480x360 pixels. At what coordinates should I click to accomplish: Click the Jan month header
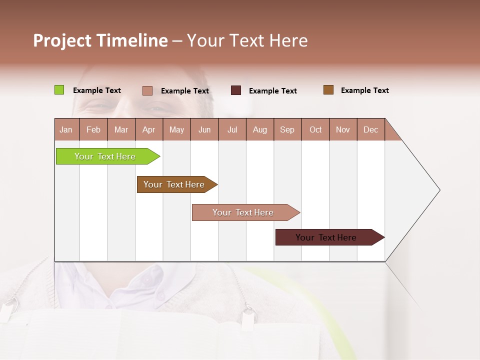(66, 129)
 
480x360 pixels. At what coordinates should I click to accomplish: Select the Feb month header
(93, 129)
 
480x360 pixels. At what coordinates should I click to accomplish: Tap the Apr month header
(149, 129)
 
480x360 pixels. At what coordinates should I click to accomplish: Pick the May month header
(176, 129)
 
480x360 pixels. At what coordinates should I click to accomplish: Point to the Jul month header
(232, 129)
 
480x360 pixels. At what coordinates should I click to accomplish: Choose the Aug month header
(260, 129)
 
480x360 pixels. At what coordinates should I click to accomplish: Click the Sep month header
(287, 129)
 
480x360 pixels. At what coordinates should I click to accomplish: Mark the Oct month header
(315, 129)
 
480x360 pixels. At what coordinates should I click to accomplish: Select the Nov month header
(343, 129)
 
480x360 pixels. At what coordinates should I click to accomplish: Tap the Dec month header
(371, 129)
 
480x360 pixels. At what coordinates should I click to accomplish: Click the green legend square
(59, 90)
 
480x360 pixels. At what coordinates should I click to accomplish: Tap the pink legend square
(147, 90)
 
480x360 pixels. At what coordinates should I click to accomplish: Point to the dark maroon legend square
(236, 90)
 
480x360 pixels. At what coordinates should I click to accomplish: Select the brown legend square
(328, 90)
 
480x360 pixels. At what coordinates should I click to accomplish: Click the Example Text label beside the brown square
(365, 90)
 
